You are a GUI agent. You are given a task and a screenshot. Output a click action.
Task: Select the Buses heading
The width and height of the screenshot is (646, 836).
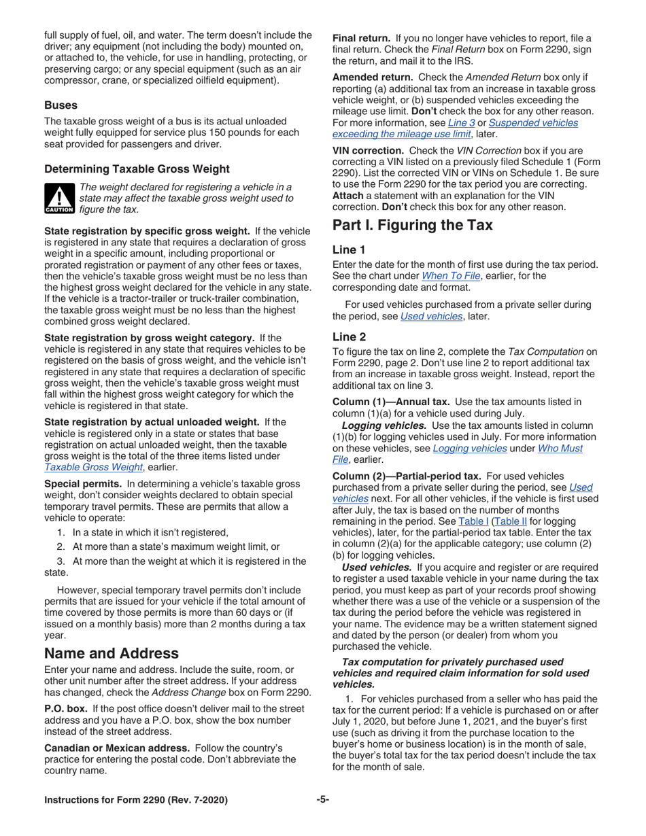61,106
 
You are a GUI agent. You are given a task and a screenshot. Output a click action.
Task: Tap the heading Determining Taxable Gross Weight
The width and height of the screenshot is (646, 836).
137,169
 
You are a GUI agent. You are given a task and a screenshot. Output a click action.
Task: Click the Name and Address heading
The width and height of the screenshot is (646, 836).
112,653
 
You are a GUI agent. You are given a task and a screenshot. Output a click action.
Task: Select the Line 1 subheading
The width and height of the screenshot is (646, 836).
350,249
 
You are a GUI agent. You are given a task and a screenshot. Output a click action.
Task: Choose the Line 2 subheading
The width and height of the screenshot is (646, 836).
350,335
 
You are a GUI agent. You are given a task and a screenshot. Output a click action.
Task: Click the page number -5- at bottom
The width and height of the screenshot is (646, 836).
322,800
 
